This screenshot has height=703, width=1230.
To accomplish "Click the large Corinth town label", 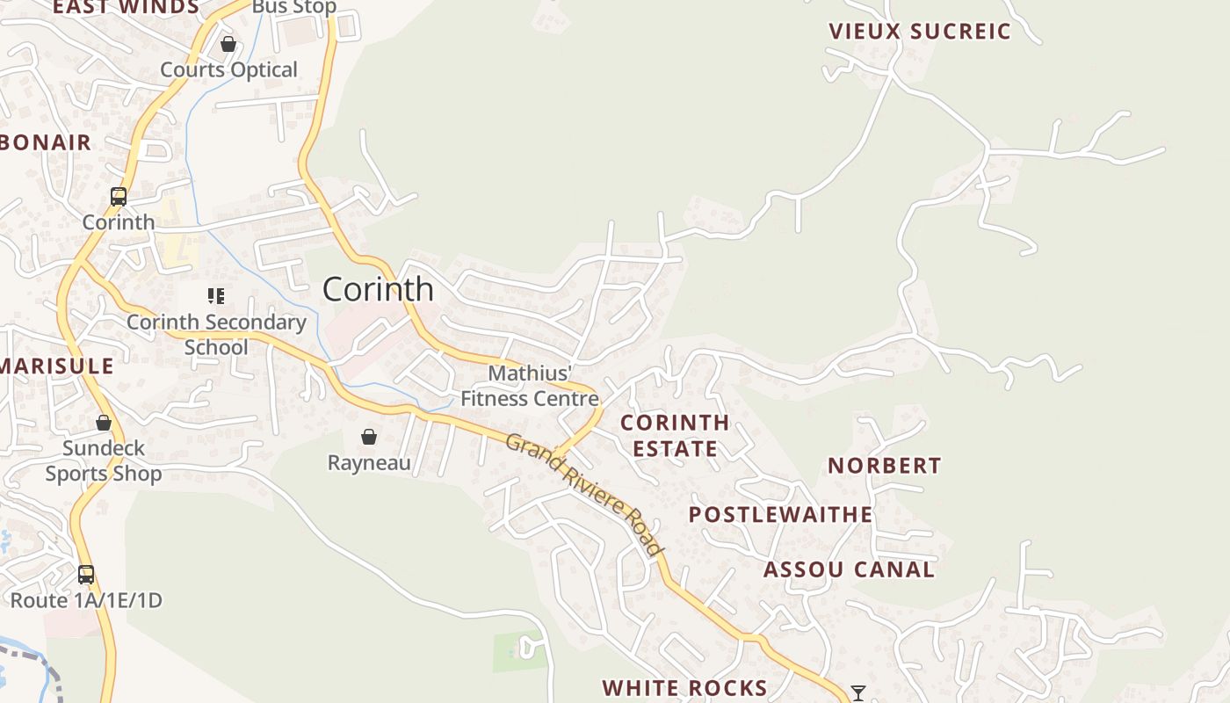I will [x=378, y=289].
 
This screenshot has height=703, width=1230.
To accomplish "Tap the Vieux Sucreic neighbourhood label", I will [x=920, y=32].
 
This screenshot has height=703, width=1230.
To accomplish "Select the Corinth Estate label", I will [x=675, y=436].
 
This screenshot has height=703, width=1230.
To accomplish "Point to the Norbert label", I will [x=884, y=466].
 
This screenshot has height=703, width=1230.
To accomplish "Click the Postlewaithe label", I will [x=780, y=515].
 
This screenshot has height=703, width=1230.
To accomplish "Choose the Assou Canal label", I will [x=849, y=569].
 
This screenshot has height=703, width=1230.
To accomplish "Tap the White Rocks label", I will [x=684, y=687].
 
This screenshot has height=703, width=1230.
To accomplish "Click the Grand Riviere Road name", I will [x=585, y=494].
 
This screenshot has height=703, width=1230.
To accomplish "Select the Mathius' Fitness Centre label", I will [x=530, y=386].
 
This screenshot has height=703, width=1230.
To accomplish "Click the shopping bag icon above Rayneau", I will [x=369, y=437].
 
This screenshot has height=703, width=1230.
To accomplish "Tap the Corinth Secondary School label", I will [x=216, y=335].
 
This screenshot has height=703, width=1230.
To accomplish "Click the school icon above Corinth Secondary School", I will [x=216, y=296].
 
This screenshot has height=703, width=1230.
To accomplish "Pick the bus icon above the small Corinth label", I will [x=119, y=197].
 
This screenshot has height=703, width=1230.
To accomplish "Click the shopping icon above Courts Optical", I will [x=228, y=44].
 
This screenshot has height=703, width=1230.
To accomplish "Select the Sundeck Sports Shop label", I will [x=104, y=461].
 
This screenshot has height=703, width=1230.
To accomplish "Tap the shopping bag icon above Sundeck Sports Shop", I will [x=104, y=423].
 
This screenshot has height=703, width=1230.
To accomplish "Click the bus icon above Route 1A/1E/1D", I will [x=86, y=575].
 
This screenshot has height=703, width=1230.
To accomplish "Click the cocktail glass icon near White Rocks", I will [x=858, y=693].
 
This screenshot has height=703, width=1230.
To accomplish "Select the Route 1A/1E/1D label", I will [x=86, y=601].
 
